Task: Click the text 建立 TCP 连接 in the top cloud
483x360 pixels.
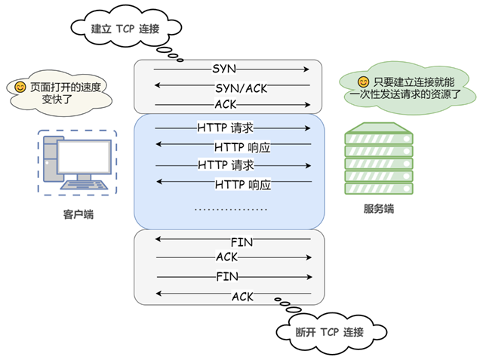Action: click(x=125, y=29)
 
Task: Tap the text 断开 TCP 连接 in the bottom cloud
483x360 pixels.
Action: click(x=329, y=332)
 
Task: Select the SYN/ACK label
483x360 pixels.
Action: click(x=241, y=88)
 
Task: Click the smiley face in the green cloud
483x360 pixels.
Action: click(x=363, y=82)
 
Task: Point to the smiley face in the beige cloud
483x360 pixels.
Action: click(x=20, y=87)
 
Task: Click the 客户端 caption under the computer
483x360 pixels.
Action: click(x=78, y=214)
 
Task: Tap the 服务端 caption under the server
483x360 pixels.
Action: click(x=379, y=209)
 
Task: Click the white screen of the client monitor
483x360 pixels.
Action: click(x=84, y=157)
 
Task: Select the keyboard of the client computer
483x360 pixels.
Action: click(x=84, y=185)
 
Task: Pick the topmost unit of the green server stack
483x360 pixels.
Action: click(x=379, y=138)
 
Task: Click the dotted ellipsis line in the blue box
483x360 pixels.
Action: click(x=231, y=209)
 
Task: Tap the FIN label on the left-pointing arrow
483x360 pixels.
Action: click(x=241, y=242)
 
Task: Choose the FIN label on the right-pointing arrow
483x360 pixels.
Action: click(x=227, y=276)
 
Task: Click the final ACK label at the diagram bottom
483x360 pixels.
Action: click(x=242, y=297)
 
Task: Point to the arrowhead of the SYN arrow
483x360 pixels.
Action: click(x=306, y=69)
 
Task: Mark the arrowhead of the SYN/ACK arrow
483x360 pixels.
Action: click(x=158, y=85)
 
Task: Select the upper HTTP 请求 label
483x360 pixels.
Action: click(x=225, y=128)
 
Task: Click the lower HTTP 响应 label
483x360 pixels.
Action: click(x=243, y=185)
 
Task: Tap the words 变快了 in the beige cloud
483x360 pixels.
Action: click(x=57, y=99)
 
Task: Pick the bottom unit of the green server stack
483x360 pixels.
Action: click(x=379, y=189)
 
